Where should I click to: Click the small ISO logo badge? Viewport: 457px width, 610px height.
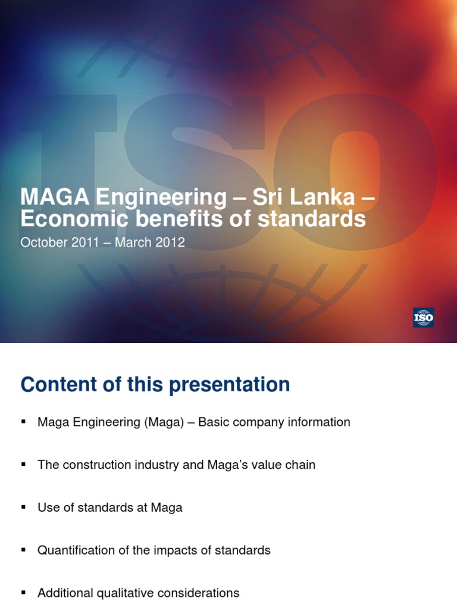(x=423, y=318)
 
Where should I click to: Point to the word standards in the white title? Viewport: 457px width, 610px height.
(x=312, y=219)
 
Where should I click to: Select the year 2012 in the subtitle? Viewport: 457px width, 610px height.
(x=173, y=242)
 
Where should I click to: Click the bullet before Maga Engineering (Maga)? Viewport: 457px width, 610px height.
(x=24, y=422)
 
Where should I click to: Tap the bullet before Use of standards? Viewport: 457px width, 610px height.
(x=24, y=507)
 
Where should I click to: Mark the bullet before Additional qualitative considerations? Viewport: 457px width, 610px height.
(x=24, y=593)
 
